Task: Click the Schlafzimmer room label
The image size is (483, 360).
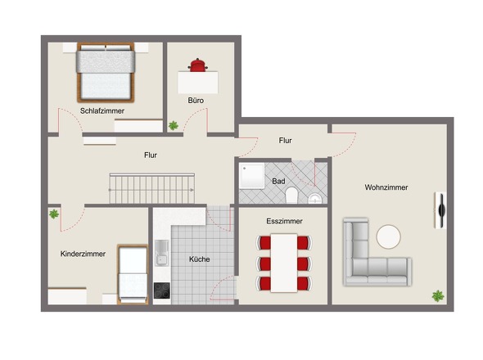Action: (x=102, y=111)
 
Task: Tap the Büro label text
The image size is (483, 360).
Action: (x=196, y=101)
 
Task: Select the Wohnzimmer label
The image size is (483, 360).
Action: (x=386, y=187)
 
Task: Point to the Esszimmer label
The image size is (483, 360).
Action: (x=284, y=221)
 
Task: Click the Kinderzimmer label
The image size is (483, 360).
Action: (x=83, y=254)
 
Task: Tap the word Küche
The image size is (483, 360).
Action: (x=199, y=259)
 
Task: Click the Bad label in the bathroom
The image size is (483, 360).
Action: (x=278, y=182)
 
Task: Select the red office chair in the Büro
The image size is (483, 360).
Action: (x=198, y=65)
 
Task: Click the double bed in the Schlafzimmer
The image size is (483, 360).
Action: (x=106, y=72)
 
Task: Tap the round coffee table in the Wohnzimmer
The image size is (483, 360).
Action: (x=388, y=236)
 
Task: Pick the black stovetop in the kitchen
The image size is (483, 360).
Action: (x=162, y=290)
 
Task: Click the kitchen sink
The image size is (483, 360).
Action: (x=162, y=253)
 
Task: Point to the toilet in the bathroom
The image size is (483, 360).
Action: (x=291, y=196)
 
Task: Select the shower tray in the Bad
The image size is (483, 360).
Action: (x=252, y=176)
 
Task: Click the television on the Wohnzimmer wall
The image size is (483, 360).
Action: (x=441, y=210)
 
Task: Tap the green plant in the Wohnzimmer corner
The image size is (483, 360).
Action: (x=438, y=296)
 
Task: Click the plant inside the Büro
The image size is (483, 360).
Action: (x=174, y=125)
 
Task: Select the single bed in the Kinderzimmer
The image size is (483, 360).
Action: (x=133, y=274)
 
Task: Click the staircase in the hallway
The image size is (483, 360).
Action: (x=152, y=188)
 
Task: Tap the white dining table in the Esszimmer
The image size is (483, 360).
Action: (x=284, y=263)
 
